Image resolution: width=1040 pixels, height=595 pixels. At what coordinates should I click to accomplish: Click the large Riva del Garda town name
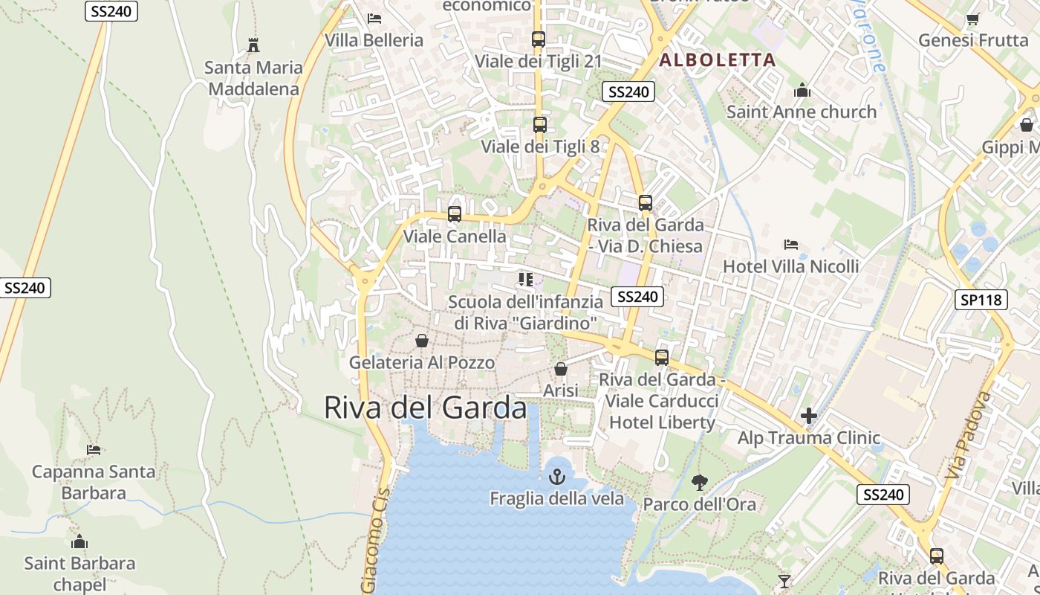tap(425, 408)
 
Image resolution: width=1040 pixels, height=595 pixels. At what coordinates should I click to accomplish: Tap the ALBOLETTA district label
tap(718, 60)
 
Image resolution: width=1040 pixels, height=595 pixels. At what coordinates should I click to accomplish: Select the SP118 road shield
tap(981, 300)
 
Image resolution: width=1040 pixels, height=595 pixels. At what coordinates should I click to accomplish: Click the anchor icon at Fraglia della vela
tap(556, 476)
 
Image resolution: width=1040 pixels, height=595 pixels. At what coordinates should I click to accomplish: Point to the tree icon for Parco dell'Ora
tap(699, 482)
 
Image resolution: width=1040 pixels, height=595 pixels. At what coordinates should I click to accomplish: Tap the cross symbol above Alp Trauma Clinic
tap(809, 416)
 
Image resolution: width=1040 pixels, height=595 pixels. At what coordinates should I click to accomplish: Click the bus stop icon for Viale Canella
tap(454, 214)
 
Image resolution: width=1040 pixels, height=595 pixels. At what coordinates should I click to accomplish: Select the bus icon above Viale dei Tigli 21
tap(539, 39)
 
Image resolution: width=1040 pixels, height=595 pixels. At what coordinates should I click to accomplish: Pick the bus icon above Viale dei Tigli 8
tap(540, 125)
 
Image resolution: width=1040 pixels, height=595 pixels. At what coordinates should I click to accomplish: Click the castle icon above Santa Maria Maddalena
tap(253, 45)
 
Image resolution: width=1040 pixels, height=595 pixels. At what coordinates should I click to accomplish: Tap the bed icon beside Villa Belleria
tap(374, 18)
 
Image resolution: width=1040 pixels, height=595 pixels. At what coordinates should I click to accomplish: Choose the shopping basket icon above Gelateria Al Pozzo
tap(421, 341)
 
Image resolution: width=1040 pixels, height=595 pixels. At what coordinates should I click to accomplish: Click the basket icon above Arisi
tap(561, 369)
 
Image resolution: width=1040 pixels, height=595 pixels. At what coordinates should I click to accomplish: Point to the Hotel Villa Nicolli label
tap(790, 266)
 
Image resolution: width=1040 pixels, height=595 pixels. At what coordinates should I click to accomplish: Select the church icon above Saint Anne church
tap(802, 90)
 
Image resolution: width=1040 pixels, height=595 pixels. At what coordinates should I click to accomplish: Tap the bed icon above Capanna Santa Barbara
tap(94, 449)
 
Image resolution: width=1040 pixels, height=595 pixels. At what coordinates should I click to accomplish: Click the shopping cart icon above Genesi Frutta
tap(972, 19)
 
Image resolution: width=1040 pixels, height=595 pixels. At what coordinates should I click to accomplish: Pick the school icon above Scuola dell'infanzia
tap(526, 280)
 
